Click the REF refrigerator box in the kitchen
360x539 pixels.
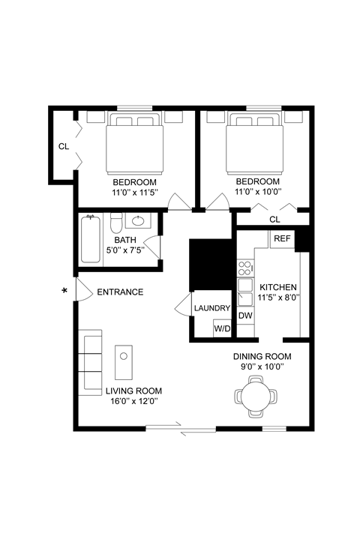click(x=282, y=239)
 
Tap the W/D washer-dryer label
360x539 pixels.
click(x=222, y=328)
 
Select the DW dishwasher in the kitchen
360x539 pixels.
click(x=244, y=316)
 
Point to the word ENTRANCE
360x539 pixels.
click(x=120, y=292)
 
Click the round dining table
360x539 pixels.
click(x=256, y=397)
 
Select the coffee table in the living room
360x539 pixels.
click(x=123, y=363)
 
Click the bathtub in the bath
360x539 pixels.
click(x=91, y=239)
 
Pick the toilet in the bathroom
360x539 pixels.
click(x=115, y=224)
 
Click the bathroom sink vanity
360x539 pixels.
click(x=137, y=221)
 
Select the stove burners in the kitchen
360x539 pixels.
click(x=245, y=268)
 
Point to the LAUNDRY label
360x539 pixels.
click(x=211, y=308)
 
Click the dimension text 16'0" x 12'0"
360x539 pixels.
click(x=133, y=402)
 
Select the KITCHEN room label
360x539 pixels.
click(x=278, y=287)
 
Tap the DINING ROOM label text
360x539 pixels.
click(x=262, y=356)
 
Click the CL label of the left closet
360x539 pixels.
click(x=64, y=146)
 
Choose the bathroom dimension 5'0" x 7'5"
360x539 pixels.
click(x=125, y=250)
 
